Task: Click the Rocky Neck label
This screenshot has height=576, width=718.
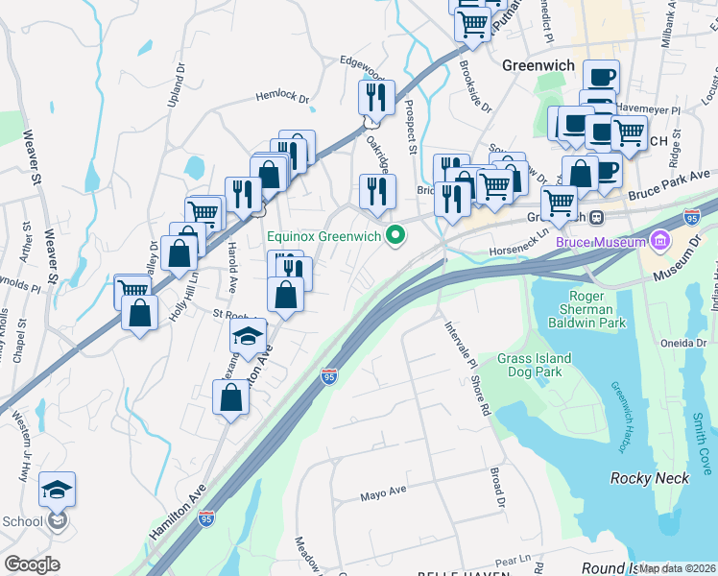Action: (650, 477)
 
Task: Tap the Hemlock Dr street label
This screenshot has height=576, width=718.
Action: (282, 97)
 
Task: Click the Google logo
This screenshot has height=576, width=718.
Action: (32, 564)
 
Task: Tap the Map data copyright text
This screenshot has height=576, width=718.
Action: (677, 568)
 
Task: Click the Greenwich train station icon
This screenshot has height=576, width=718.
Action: (596, 217)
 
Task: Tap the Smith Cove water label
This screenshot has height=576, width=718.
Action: (701, 435)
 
